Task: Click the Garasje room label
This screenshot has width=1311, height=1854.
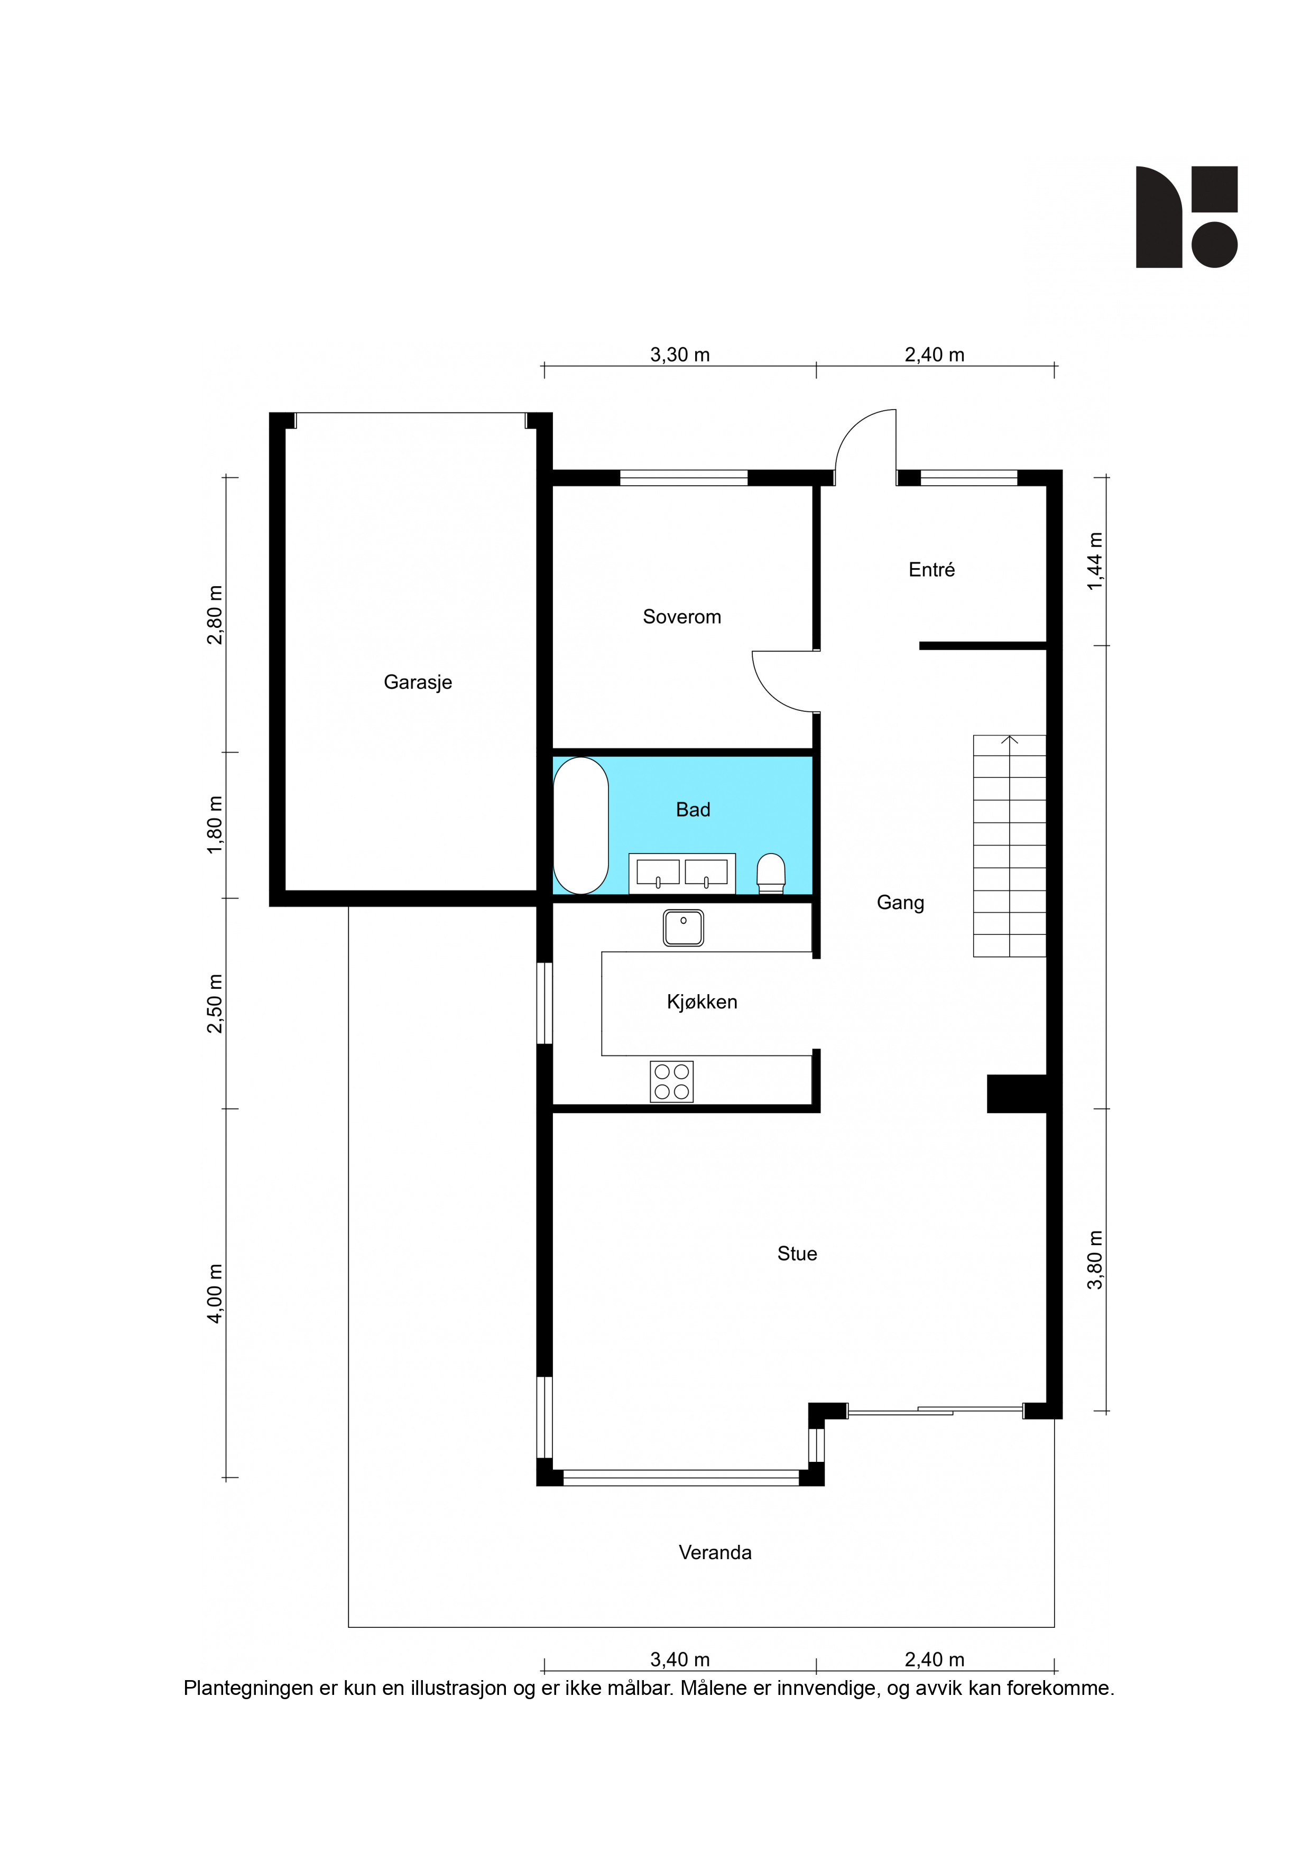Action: pyautogui.click(x=418, y=682)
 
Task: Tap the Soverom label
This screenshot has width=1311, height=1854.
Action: pyautogui.click(x=682, y=617)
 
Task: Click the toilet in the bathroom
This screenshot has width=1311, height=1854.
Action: pyautogui.click(x=771, y=874)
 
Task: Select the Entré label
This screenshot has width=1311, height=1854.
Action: pyautogui.click(x=931, y=570)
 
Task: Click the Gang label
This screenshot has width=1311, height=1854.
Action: pyautogui.click(x=901, y=903)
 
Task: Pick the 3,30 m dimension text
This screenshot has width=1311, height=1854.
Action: pyautogui.click(x=680, y=355)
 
